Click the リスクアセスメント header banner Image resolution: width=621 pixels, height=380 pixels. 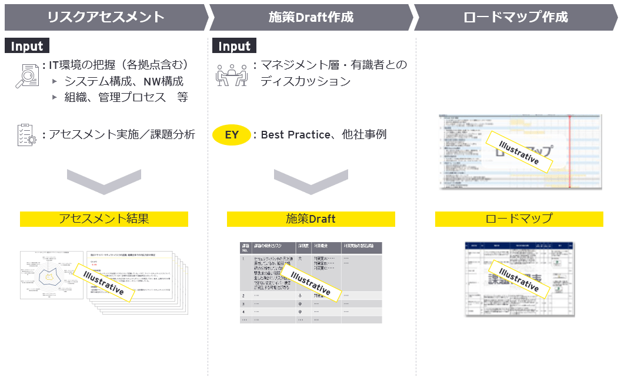[106, 17]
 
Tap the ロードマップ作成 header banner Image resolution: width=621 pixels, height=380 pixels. [516, 17]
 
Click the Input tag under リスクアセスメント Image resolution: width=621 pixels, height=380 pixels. [27, 46]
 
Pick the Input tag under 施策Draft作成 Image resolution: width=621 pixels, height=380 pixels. [234, 46]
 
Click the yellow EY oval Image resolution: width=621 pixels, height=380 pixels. [232, 135]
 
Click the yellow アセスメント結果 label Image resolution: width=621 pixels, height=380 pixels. [104, 219]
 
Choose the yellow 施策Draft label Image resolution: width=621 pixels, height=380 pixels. [310, 219]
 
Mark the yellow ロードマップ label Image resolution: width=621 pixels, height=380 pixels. [519, 219]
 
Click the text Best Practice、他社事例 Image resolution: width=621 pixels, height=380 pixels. [323, 135]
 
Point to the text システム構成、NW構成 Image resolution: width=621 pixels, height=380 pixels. [123, 81]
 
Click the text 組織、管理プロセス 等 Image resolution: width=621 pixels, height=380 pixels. [126, 98]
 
